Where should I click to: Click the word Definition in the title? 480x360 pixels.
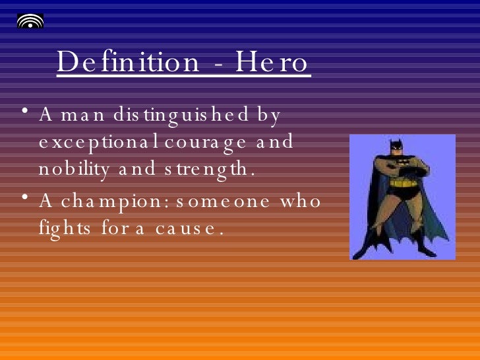tap(127, 63)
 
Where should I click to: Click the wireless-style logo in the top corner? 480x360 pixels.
tap(30, 20)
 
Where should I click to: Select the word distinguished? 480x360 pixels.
tap(173, 115)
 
